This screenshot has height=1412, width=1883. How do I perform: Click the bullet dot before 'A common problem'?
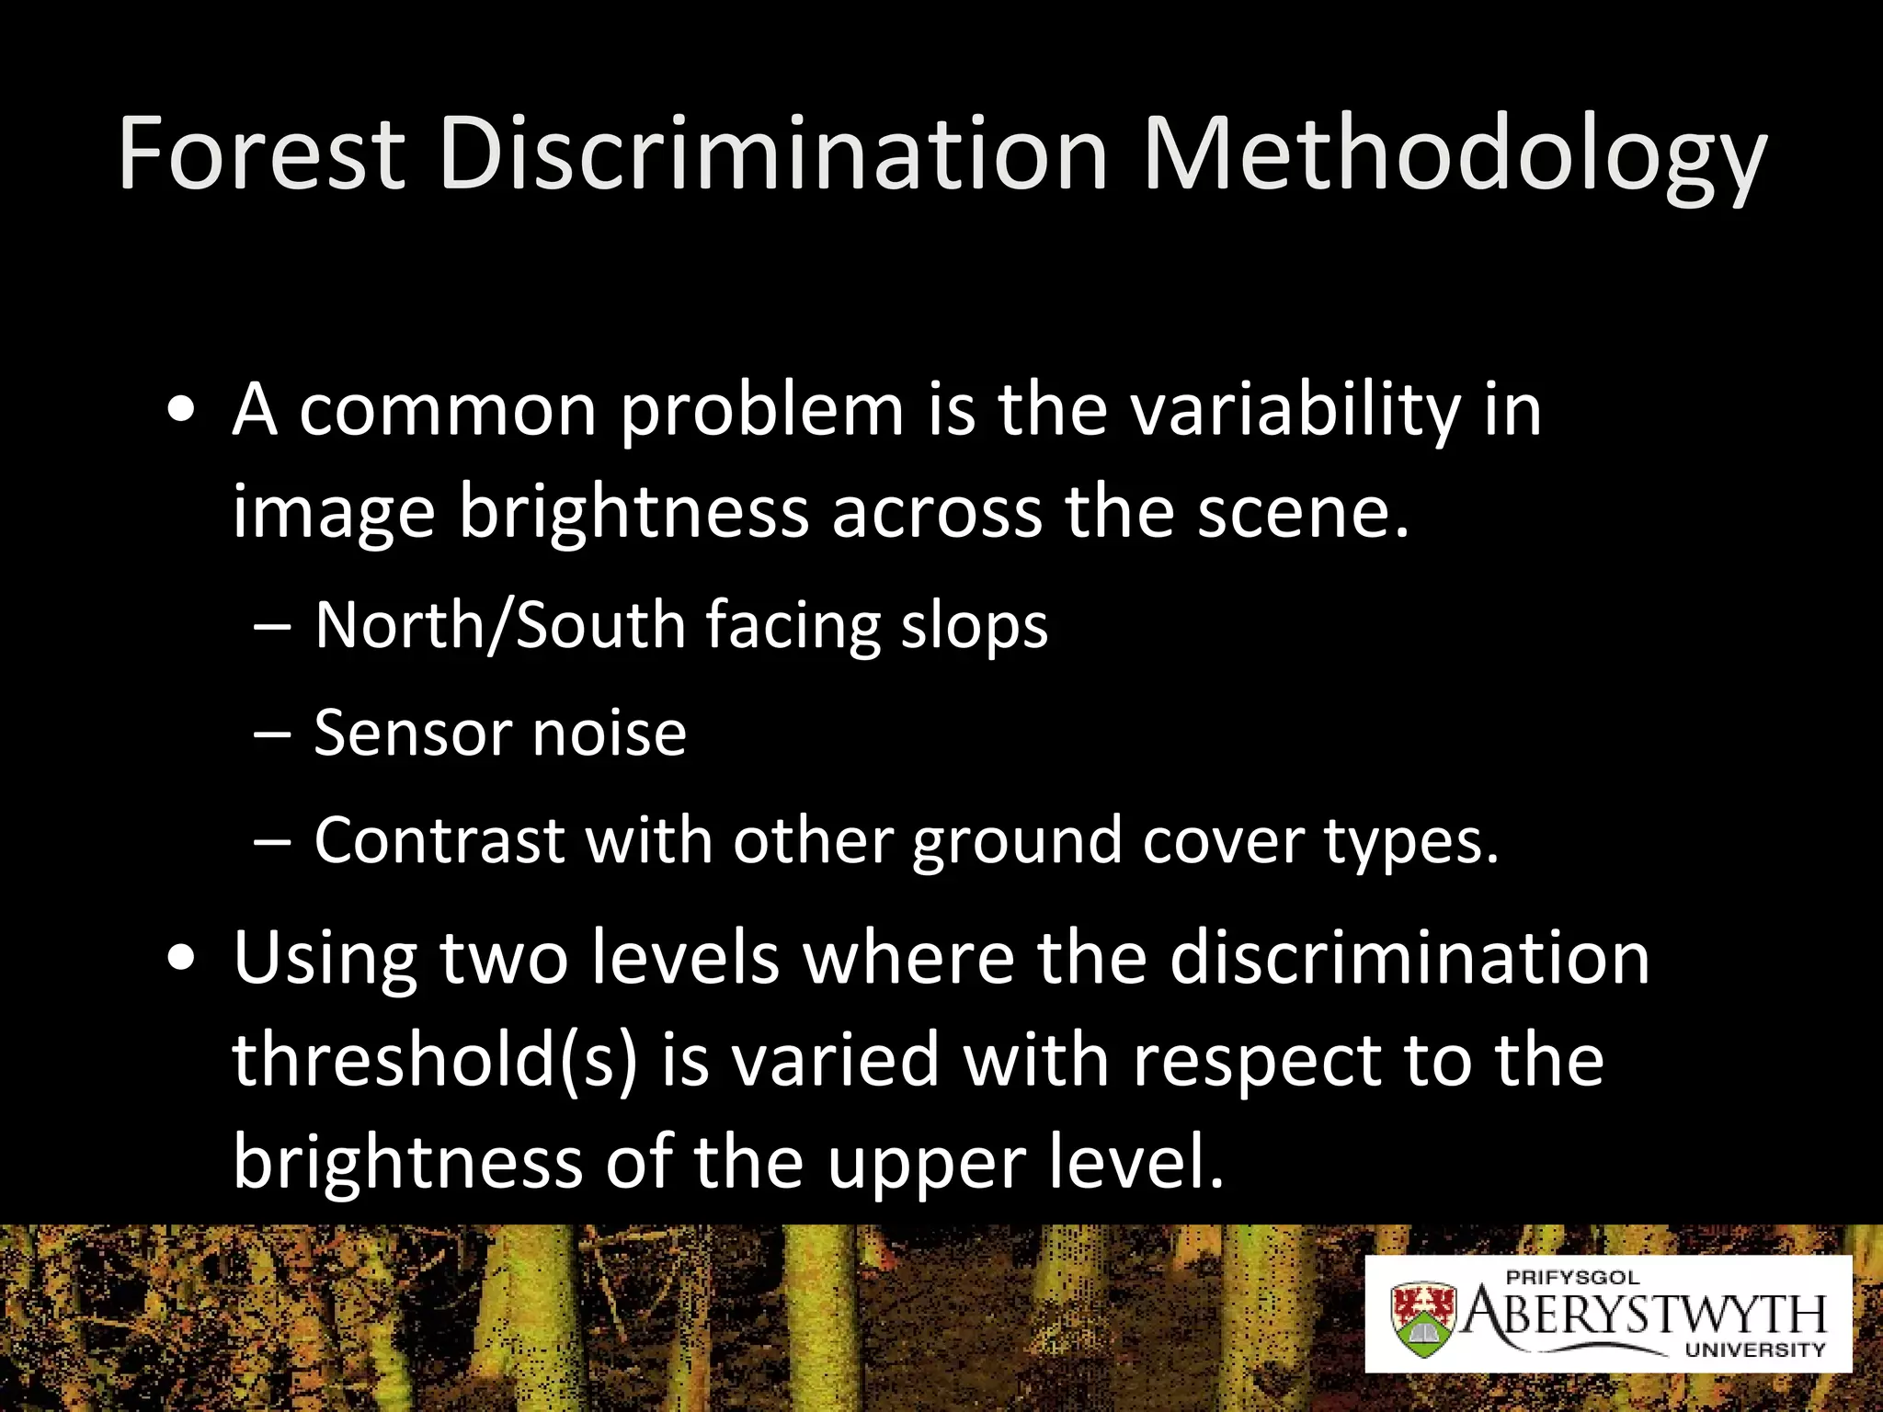182,411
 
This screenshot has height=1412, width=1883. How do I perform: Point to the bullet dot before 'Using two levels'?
182,959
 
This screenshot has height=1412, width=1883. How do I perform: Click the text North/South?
500,626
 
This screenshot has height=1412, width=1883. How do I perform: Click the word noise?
610,734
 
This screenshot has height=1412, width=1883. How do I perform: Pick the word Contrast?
439,840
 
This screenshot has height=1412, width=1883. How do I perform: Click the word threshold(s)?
435,1060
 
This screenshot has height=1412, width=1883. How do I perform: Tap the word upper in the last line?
926,1164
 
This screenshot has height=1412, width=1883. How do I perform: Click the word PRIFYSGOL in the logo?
1572,1277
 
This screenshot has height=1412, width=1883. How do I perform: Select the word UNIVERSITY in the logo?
1754,1349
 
